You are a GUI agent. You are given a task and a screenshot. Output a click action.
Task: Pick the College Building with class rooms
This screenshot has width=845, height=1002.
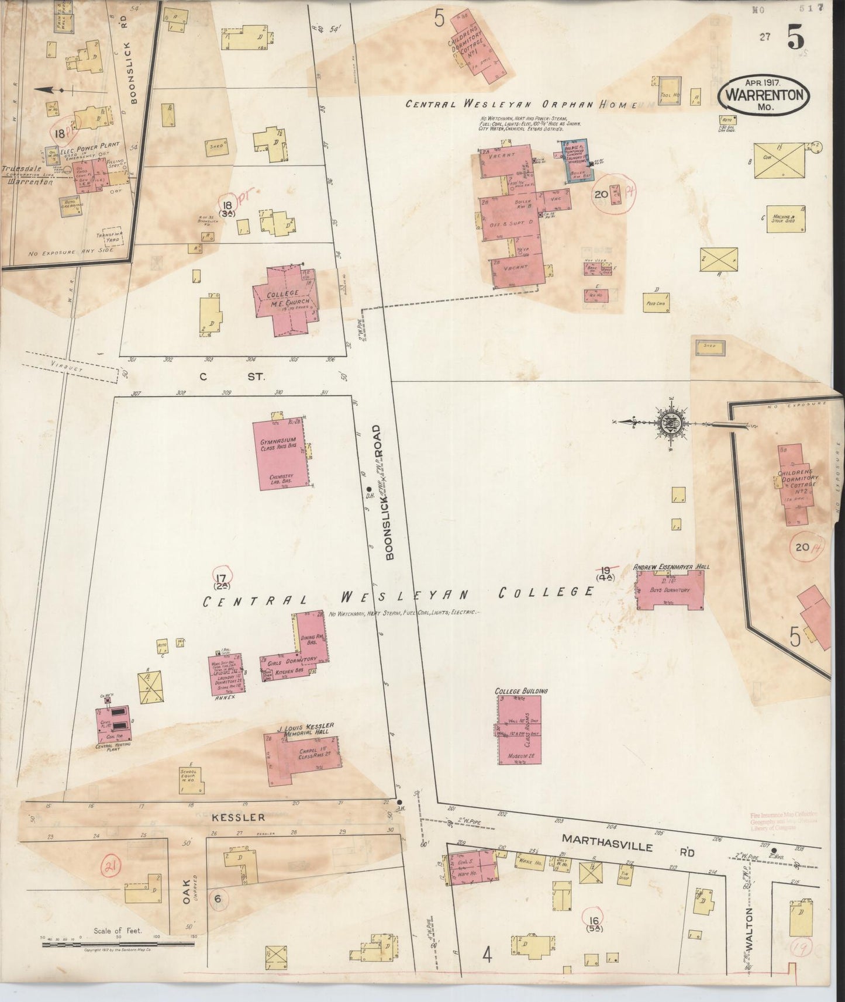[519, 731]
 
